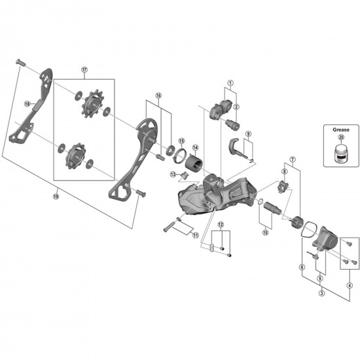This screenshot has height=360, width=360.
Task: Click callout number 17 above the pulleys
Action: (x=84, y=70)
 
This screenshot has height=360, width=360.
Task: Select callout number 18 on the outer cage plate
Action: (x=27, y=103)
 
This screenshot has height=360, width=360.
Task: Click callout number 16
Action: (x=158, y=95)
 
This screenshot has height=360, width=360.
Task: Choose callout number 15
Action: (x=181, y=139)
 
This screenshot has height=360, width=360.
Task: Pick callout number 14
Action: (x=195, y=148)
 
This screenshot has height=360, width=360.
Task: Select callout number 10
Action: (x=264, y=231)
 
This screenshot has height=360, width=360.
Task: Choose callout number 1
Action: (x=230, y=83)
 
